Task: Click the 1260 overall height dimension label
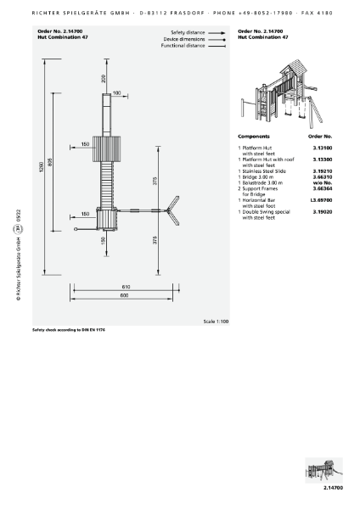pyautogui.click(x=40, y=169)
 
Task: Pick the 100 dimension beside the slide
pyautogui.click(x=116, y=93)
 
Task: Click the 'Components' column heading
pyautogui.click(x=254, y=136)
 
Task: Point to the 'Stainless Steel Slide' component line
pyautogui.click(x=267, y=170)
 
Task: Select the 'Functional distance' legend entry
pyautogui.click(x=183, y=46)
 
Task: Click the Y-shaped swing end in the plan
pyautogui.click(x=173, y=210)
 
